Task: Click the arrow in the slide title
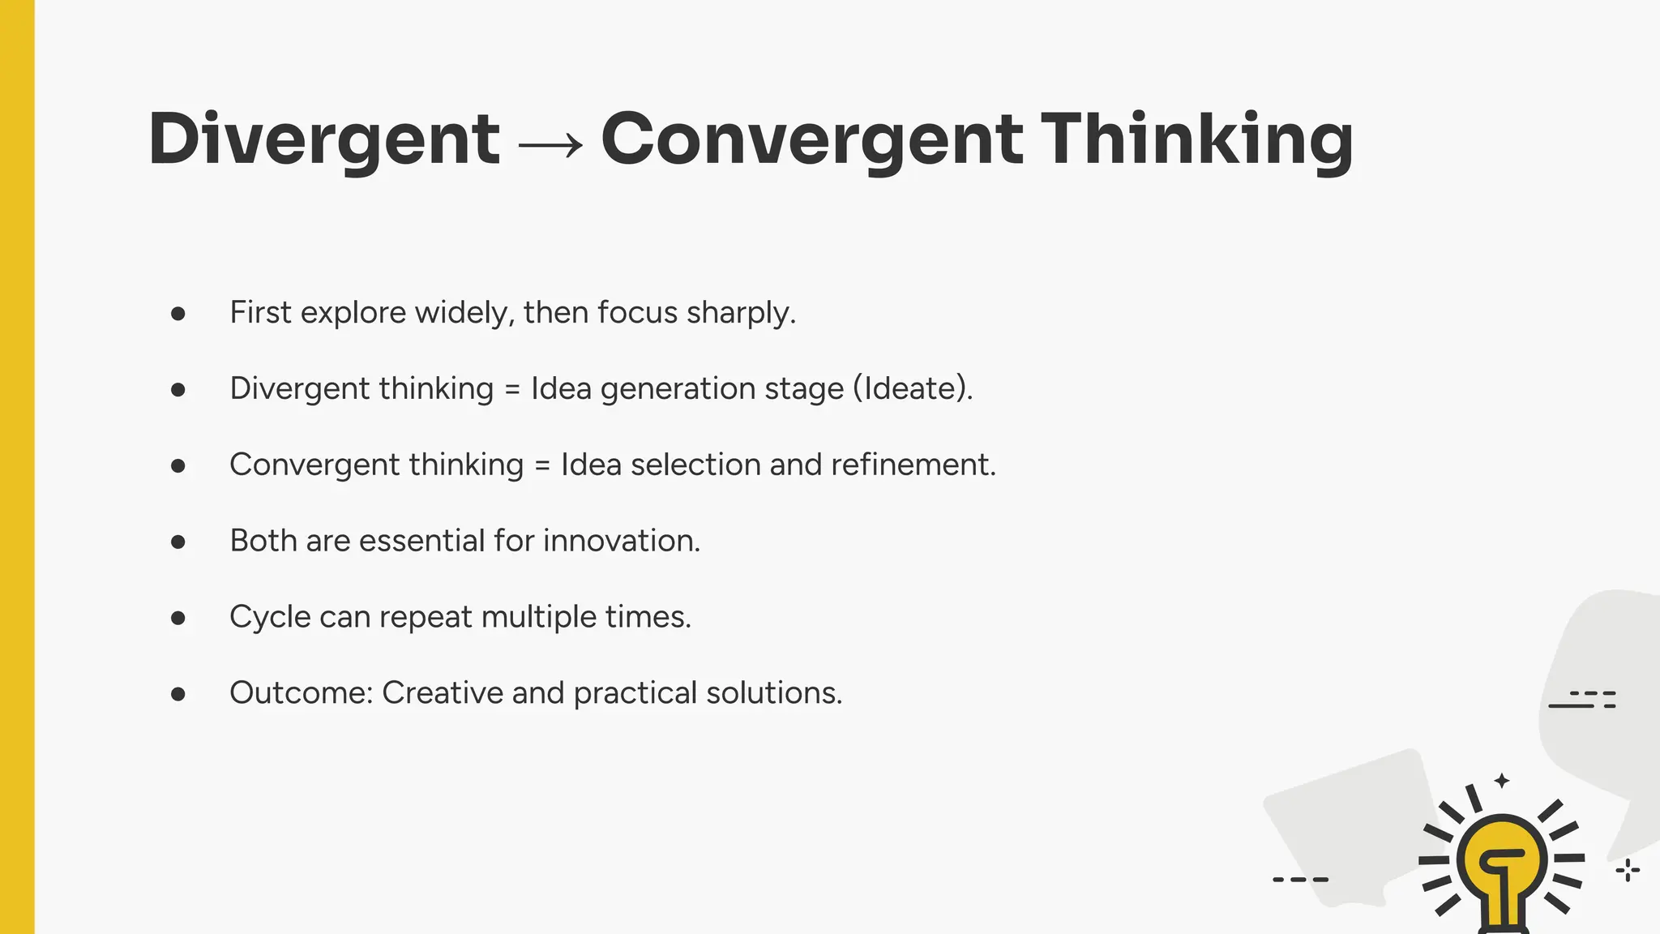pos(550,144)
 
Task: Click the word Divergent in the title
pos(324,139)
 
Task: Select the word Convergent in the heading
pos(811,139)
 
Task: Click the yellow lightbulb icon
pos(1502,864)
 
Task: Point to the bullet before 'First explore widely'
pos(178,314)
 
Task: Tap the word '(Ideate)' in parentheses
pos(912,388)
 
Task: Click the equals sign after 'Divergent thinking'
pos(512,389)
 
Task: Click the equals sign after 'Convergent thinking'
pos(542,465)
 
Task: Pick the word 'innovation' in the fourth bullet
pos(621,541)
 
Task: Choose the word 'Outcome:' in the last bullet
pos(301,693)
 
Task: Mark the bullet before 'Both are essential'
pos(178,542)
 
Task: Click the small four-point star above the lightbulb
pos(1502,781)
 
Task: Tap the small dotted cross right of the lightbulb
pos(1628,871)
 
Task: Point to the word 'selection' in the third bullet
pos(695,465)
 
